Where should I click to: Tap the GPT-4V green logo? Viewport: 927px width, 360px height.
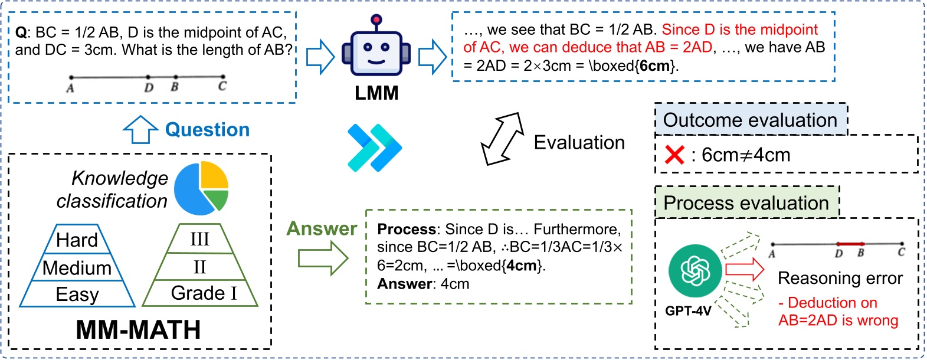695,271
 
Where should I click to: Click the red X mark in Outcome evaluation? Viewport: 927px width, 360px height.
674,155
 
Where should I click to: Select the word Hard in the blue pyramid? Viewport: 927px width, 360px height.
77,240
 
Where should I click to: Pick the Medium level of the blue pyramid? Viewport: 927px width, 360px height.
77,268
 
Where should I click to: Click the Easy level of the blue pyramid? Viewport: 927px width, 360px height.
77,294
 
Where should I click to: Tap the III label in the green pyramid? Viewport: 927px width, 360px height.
199,239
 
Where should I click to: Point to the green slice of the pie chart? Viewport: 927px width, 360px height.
217,199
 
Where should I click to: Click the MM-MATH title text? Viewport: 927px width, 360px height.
138,330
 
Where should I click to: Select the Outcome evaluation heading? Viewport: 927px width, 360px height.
750,120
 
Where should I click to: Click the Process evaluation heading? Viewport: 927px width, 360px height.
746,203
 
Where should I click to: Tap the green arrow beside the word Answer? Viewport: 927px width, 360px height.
323,258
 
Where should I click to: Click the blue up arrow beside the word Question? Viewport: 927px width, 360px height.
140,129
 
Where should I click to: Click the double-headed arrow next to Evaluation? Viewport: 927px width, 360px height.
502,139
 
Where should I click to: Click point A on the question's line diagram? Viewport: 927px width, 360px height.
71,77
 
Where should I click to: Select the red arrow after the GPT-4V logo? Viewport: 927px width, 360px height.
744,270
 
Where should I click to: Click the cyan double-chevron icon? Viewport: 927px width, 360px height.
374,148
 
